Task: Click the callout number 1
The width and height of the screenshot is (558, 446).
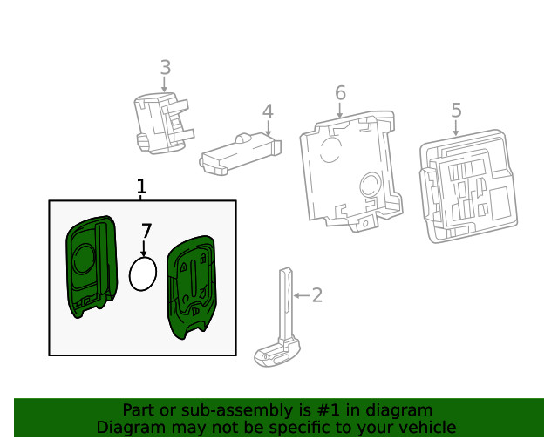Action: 142,186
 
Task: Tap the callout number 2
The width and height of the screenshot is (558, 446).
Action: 317,295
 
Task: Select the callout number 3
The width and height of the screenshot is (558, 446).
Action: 165,67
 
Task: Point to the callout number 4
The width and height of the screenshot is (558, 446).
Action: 268,111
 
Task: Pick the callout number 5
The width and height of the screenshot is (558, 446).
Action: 456,110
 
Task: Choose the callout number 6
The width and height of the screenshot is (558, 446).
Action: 340,93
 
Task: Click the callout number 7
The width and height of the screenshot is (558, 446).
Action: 146,231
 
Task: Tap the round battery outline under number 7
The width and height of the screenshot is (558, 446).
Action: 143,274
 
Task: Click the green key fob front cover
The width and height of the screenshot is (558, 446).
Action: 91,262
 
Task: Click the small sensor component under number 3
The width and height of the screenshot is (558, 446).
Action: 161,123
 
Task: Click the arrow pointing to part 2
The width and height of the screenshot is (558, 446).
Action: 300,296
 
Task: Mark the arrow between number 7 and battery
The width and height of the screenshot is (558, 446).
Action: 144,248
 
